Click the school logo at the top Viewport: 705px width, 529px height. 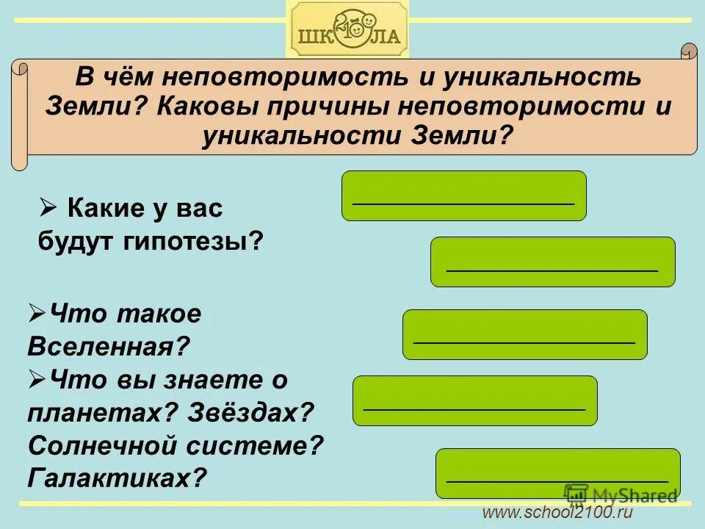coord(347,30)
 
